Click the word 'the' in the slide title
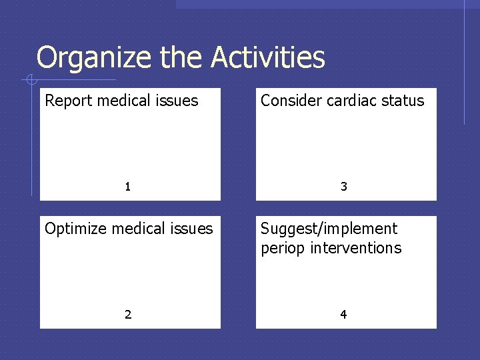pyautogui.click(x=183, y=58)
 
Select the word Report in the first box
pyautogui.click(x=68, y=101)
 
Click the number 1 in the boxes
pyautogui.click(x=127, y=187)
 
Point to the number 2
pyautogui.click(x=127, y=315)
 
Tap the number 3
pyautogui.click(x=343, y=187)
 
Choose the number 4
pyautogui.click(x=343, y=315)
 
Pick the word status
pyautogui.click(x=402, y=101)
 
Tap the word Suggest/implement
pyautogui.click(x=329, y=229)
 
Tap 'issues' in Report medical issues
pyautogui.click(x=179, y=101)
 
